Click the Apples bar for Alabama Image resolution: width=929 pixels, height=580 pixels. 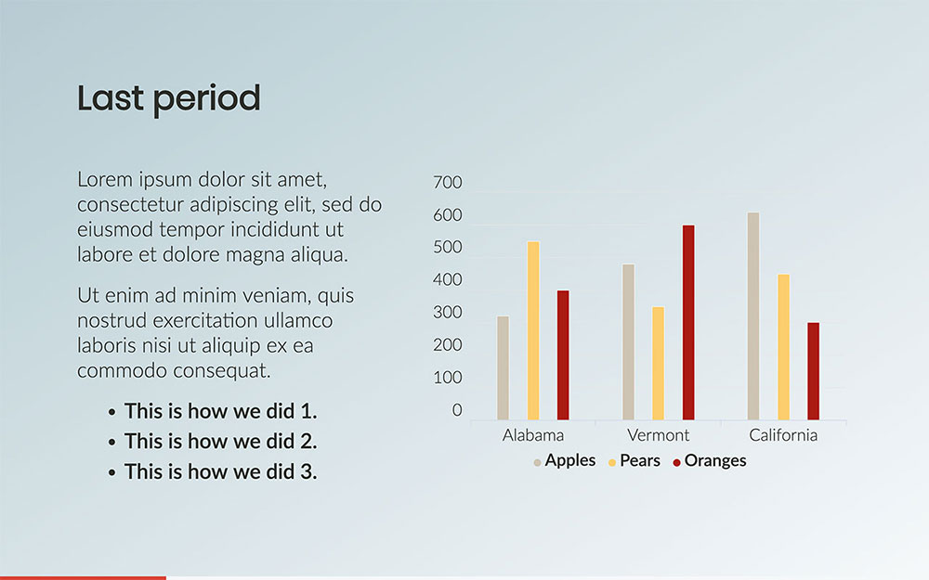point(503,368)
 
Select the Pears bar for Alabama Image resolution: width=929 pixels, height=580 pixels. point(533,331)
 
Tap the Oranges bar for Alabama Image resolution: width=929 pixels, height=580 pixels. point(563,355)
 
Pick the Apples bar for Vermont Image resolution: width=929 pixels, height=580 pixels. point(629,342)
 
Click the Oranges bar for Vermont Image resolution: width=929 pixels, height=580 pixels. point(688,323)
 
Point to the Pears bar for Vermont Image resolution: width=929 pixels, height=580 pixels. point(659,364)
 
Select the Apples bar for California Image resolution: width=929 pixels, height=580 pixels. point(753,316)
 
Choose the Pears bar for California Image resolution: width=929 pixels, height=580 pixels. point(784,347)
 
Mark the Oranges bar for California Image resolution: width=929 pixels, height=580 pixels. point(814,371)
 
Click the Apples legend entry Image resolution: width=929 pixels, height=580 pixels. point(565,460)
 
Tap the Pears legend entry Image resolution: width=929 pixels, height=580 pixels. point(635,460)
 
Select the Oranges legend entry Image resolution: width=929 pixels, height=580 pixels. point(710,460)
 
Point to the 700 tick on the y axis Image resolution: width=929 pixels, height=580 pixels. point(448,182)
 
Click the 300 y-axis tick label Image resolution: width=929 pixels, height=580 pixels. point(448,313)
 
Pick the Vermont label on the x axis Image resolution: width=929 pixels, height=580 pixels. point(659,435)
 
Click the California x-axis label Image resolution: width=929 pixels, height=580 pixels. point(783,435)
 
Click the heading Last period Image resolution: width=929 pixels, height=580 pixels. point(169,99)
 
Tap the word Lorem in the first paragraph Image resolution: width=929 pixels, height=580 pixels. point(105,179)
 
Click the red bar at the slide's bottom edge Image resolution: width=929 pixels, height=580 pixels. point(83,577)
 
